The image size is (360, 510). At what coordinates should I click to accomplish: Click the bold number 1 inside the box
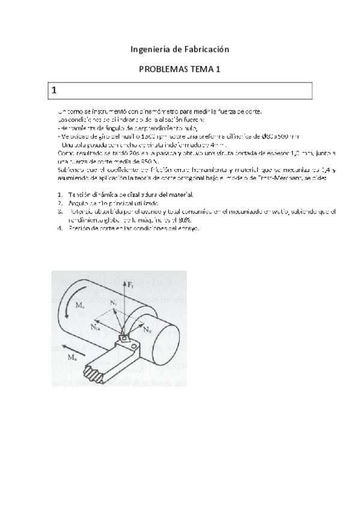pyautogui.click(x=54, y=90)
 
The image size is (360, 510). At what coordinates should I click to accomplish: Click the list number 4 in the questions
pyautogui.click(x=59, y=229)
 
